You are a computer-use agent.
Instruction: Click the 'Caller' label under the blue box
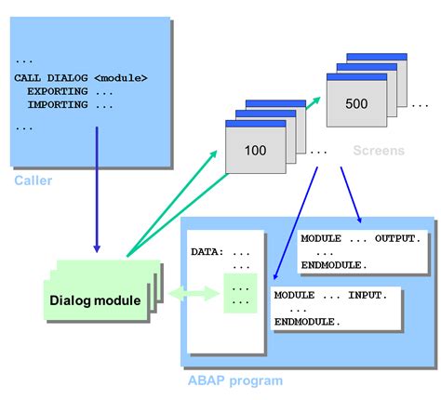[33, 180]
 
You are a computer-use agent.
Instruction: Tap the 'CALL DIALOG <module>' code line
[81, 77]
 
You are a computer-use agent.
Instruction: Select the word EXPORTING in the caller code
[58, 91]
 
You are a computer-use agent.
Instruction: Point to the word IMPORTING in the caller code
[58, 105]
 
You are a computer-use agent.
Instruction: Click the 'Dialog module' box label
[96, 300]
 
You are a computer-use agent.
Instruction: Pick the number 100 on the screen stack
[255, 150]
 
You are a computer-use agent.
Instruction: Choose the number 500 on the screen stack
[357, 103]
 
